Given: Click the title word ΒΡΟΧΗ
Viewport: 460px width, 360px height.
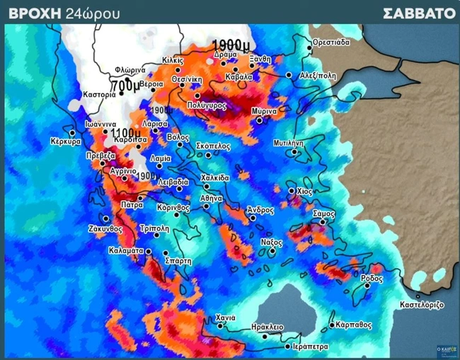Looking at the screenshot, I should click(34, 13).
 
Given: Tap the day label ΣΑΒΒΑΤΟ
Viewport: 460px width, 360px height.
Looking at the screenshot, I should click(419, 13).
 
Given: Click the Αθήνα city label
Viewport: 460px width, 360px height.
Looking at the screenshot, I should click(212, 199).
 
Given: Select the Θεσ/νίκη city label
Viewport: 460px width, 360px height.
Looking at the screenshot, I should click(188, 79).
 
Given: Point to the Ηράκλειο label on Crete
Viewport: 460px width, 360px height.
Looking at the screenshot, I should click(268, 327).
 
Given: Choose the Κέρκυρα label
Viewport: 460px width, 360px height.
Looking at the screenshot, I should click(66, 141).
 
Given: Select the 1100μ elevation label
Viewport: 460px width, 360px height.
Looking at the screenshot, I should click(125, 132).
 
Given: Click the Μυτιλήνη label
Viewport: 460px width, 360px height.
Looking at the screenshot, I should click(289, 142).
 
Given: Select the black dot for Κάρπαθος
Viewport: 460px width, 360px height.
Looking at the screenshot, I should click(332, 326).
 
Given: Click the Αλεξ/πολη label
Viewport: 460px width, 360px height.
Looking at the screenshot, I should click(315, 74).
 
